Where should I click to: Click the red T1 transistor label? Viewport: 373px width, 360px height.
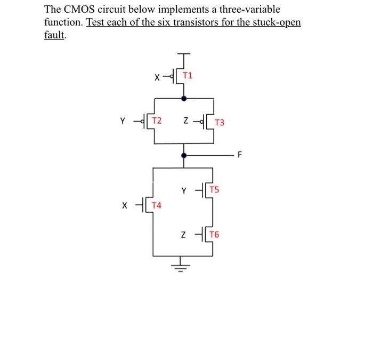tap(188, 75)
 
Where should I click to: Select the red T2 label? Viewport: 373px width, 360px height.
tap(157, 121)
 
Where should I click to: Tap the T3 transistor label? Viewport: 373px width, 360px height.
tap(220, 122)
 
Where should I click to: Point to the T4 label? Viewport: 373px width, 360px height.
tap(157, 205)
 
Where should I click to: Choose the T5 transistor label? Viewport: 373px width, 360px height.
tap(215, 189)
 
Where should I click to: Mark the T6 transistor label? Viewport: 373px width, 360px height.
tap(215, 235)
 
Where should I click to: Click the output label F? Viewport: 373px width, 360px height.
tap(240, 156)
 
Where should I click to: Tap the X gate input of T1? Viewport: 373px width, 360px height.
tap(157, 77)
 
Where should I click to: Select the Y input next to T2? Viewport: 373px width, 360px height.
tap(123, 121)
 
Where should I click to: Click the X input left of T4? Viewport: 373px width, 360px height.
tap(125, 205)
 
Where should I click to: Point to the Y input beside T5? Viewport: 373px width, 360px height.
tap(184, 190)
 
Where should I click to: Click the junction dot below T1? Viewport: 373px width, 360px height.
tap(184, 98)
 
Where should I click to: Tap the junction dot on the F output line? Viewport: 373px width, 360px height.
tap(184, 156)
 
